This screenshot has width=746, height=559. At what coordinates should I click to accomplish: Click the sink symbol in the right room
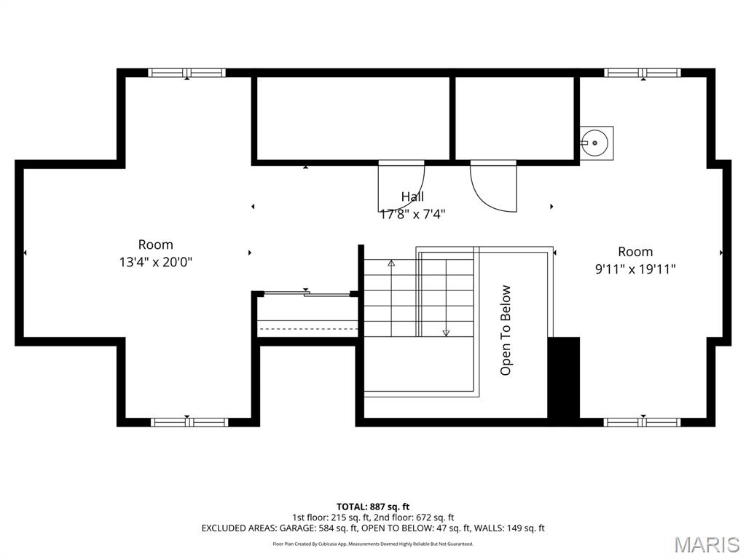click(x=597, y=143)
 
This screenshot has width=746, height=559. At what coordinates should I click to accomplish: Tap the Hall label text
click(x=412, y=197)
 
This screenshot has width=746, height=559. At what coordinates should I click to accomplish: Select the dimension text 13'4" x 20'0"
click(x=156, y=262)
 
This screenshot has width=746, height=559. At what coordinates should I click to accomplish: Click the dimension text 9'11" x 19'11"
click(x=635, y=269)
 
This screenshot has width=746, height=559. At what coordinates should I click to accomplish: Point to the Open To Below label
click(x=506, y=330)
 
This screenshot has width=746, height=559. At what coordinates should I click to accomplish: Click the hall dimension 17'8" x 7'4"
click(x=412, y=214)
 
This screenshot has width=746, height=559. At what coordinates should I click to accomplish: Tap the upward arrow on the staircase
click(x=391, y=263)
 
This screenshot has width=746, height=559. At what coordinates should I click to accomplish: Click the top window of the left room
click(x=186, y=73)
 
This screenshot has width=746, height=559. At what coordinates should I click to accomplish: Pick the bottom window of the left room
click(x=189, y=421)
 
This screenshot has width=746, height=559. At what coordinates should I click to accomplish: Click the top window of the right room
click(x=642, y=73)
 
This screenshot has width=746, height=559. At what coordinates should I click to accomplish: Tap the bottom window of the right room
click(x=642, y=421)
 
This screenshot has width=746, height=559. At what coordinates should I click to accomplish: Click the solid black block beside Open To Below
click(x=563, y=378)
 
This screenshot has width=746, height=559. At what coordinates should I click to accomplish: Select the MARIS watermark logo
click(x=706, y=544)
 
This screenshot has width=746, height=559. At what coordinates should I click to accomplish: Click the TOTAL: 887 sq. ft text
click(x=373, y=507)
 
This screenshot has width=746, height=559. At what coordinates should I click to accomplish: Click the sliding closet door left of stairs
click(x=306, y=293)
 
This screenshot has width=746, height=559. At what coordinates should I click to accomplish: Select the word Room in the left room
click(x=156, y=245)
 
